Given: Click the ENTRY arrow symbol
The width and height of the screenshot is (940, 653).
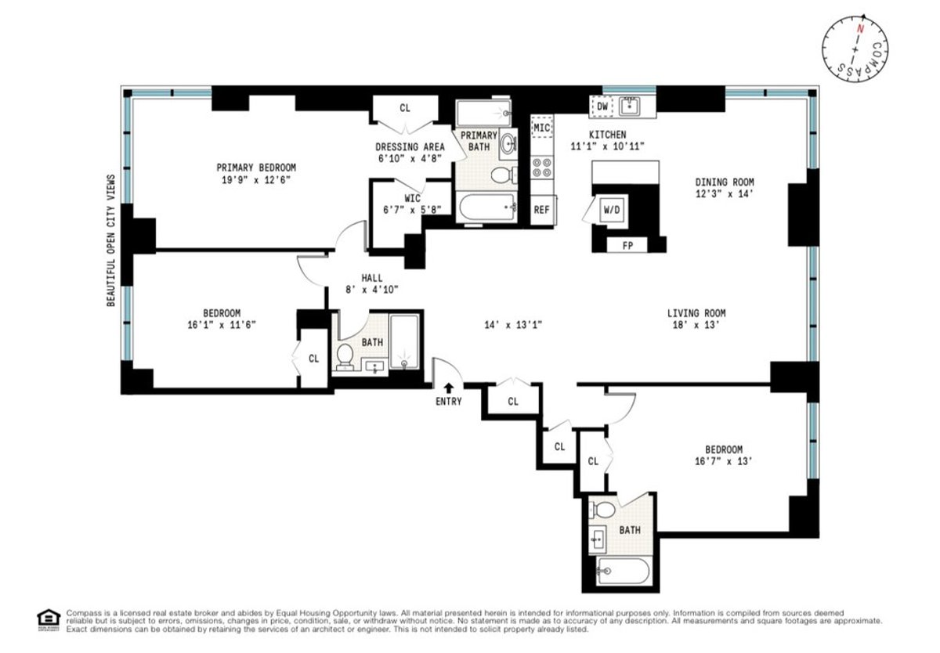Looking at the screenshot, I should tap(449, 386).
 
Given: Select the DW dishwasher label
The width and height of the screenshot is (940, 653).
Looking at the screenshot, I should tap(602, 106).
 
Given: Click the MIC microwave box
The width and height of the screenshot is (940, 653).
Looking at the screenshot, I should tap(542, 126).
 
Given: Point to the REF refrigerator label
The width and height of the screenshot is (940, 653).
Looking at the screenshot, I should tap(541, 210).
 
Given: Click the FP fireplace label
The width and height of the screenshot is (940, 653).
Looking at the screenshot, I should tap(627, 246).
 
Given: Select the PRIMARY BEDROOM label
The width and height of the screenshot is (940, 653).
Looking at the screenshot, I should tap(256, 168).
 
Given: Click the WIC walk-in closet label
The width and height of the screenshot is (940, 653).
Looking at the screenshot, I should tap(413, 198).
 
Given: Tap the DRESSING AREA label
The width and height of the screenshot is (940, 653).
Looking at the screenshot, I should tap(410, 146).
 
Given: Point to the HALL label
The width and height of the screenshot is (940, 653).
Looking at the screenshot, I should tap(372, 278).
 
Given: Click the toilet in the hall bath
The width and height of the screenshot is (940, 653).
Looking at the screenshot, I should tap(345, 357).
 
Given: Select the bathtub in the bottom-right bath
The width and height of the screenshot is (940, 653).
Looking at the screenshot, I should tap(623, 571).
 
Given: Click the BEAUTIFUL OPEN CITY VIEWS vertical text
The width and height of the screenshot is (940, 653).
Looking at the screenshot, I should tap(111, 240).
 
